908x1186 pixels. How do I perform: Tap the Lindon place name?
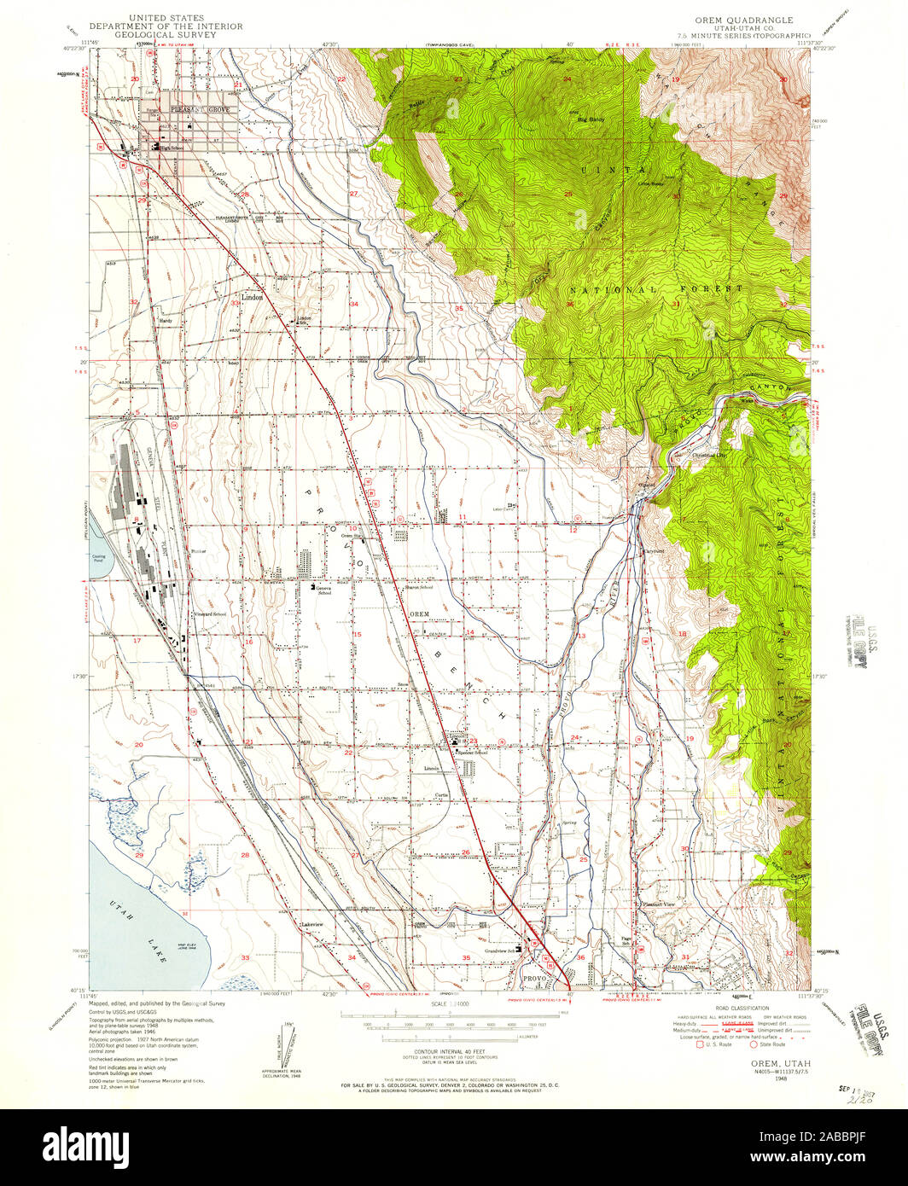point(253,298)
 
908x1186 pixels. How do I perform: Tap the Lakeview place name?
point(311,924)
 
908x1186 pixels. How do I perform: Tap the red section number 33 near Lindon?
point(234,303)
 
